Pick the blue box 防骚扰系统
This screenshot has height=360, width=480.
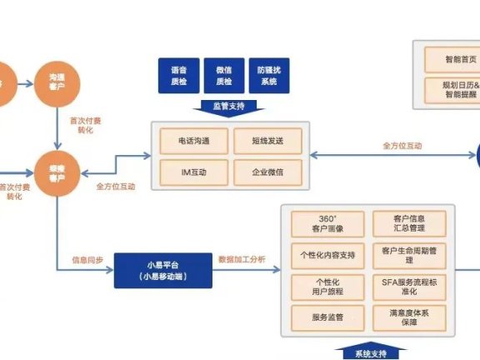[268, 75]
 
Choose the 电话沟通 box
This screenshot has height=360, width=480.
[192, 140]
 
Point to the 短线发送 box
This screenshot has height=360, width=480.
[267, 140]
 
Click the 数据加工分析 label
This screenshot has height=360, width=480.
[242, 259]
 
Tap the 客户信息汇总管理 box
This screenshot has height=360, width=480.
[407, 222]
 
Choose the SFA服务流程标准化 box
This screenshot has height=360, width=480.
[407, 286]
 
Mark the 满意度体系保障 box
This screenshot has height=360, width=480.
[407, 317]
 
